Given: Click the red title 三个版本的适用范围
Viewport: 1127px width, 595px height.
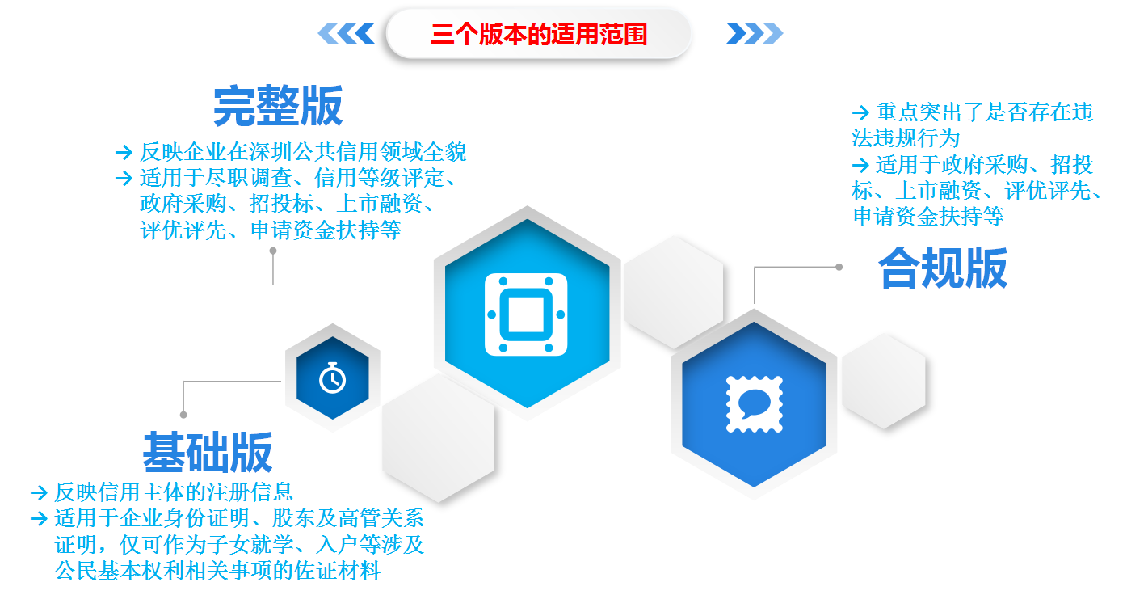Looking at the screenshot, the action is point(539,34).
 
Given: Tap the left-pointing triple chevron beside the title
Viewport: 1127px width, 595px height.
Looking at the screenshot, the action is point(346,33).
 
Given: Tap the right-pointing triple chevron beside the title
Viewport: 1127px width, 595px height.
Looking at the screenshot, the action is point(755,33).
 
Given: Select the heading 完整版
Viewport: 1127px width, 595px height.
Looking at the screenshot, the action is point(278,106).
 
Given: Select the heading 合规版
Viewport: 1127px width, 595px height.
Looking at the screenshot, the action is point(943,268).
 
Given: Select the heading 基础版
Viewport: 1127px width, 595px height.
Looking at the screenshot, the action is point(208,452).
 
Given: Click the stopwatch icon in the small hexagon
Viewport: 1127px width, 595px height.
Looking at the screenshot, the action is point(333,378).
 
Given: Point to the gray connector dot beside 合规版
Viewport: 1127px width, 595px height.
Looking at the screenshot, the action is point(839,267).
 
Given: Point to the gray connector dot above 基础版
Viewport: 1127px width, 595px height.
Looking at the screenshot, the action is point(183,415).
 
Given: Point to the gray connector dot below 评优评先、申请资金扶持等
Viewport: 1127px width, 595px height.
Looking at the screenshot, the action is point(273,251).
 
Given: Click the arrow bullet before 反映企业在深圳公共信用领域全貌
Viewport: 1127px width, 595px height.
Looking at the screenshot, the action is point(124,152).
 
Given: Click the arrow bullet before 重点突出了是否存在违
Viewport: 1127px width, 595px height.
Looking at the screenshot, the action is point(860,112).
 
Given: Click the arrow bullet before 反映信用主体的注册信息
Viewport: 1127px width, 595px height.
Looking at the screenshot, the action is point(39,492).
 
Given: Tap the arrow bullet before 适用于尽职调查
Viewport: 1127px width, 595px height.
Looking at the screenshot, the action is point(124,178).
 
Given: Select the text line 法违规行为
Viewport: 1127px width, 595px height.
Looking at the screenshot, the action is point(906,138).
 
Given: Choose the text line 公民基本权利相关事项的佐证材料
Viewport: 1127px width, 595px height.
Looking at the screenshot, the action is point(217,570).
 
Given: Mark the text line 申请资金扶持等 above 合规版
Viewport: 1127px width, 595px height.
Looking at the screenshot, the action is point(928,217).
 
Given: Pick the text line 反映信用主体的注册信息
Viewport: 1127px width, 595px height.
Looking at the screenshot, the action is point(174,492).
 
